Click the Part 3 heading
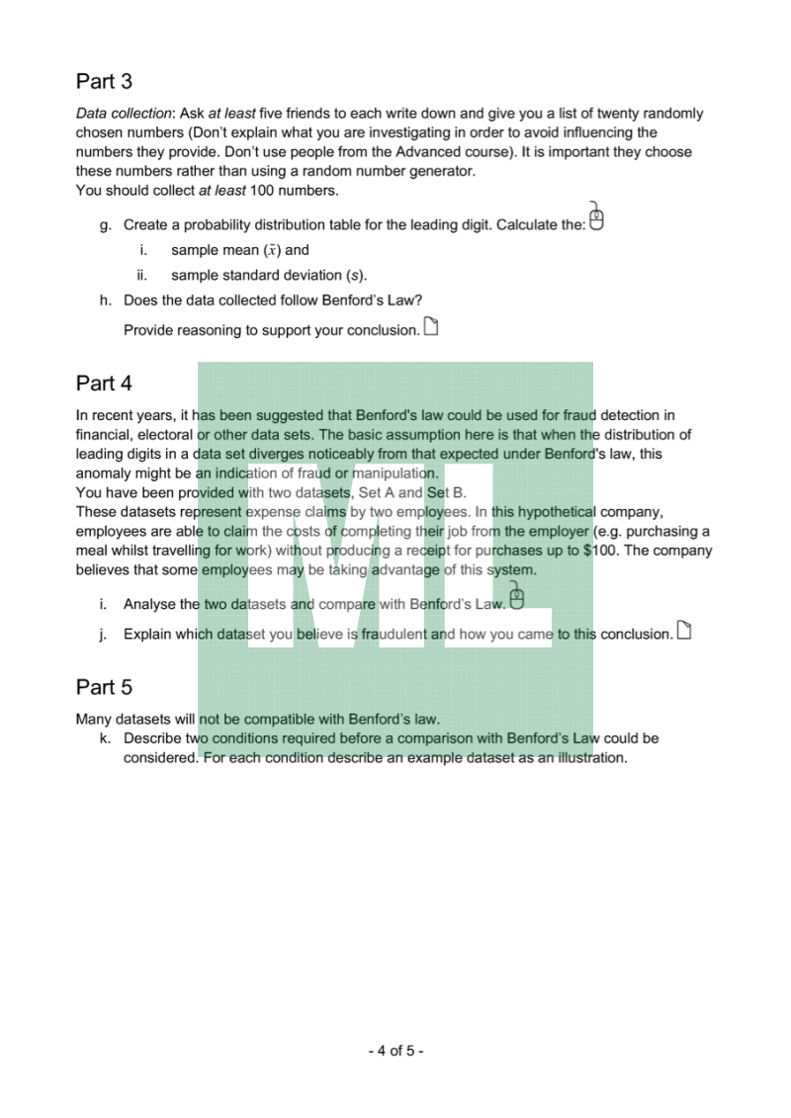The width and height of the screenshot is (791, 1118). point(104,81)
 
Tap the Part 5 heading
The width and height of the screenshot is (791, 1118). point(104,686)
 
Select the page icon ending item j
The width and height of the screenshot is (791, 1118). point(682,631)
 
